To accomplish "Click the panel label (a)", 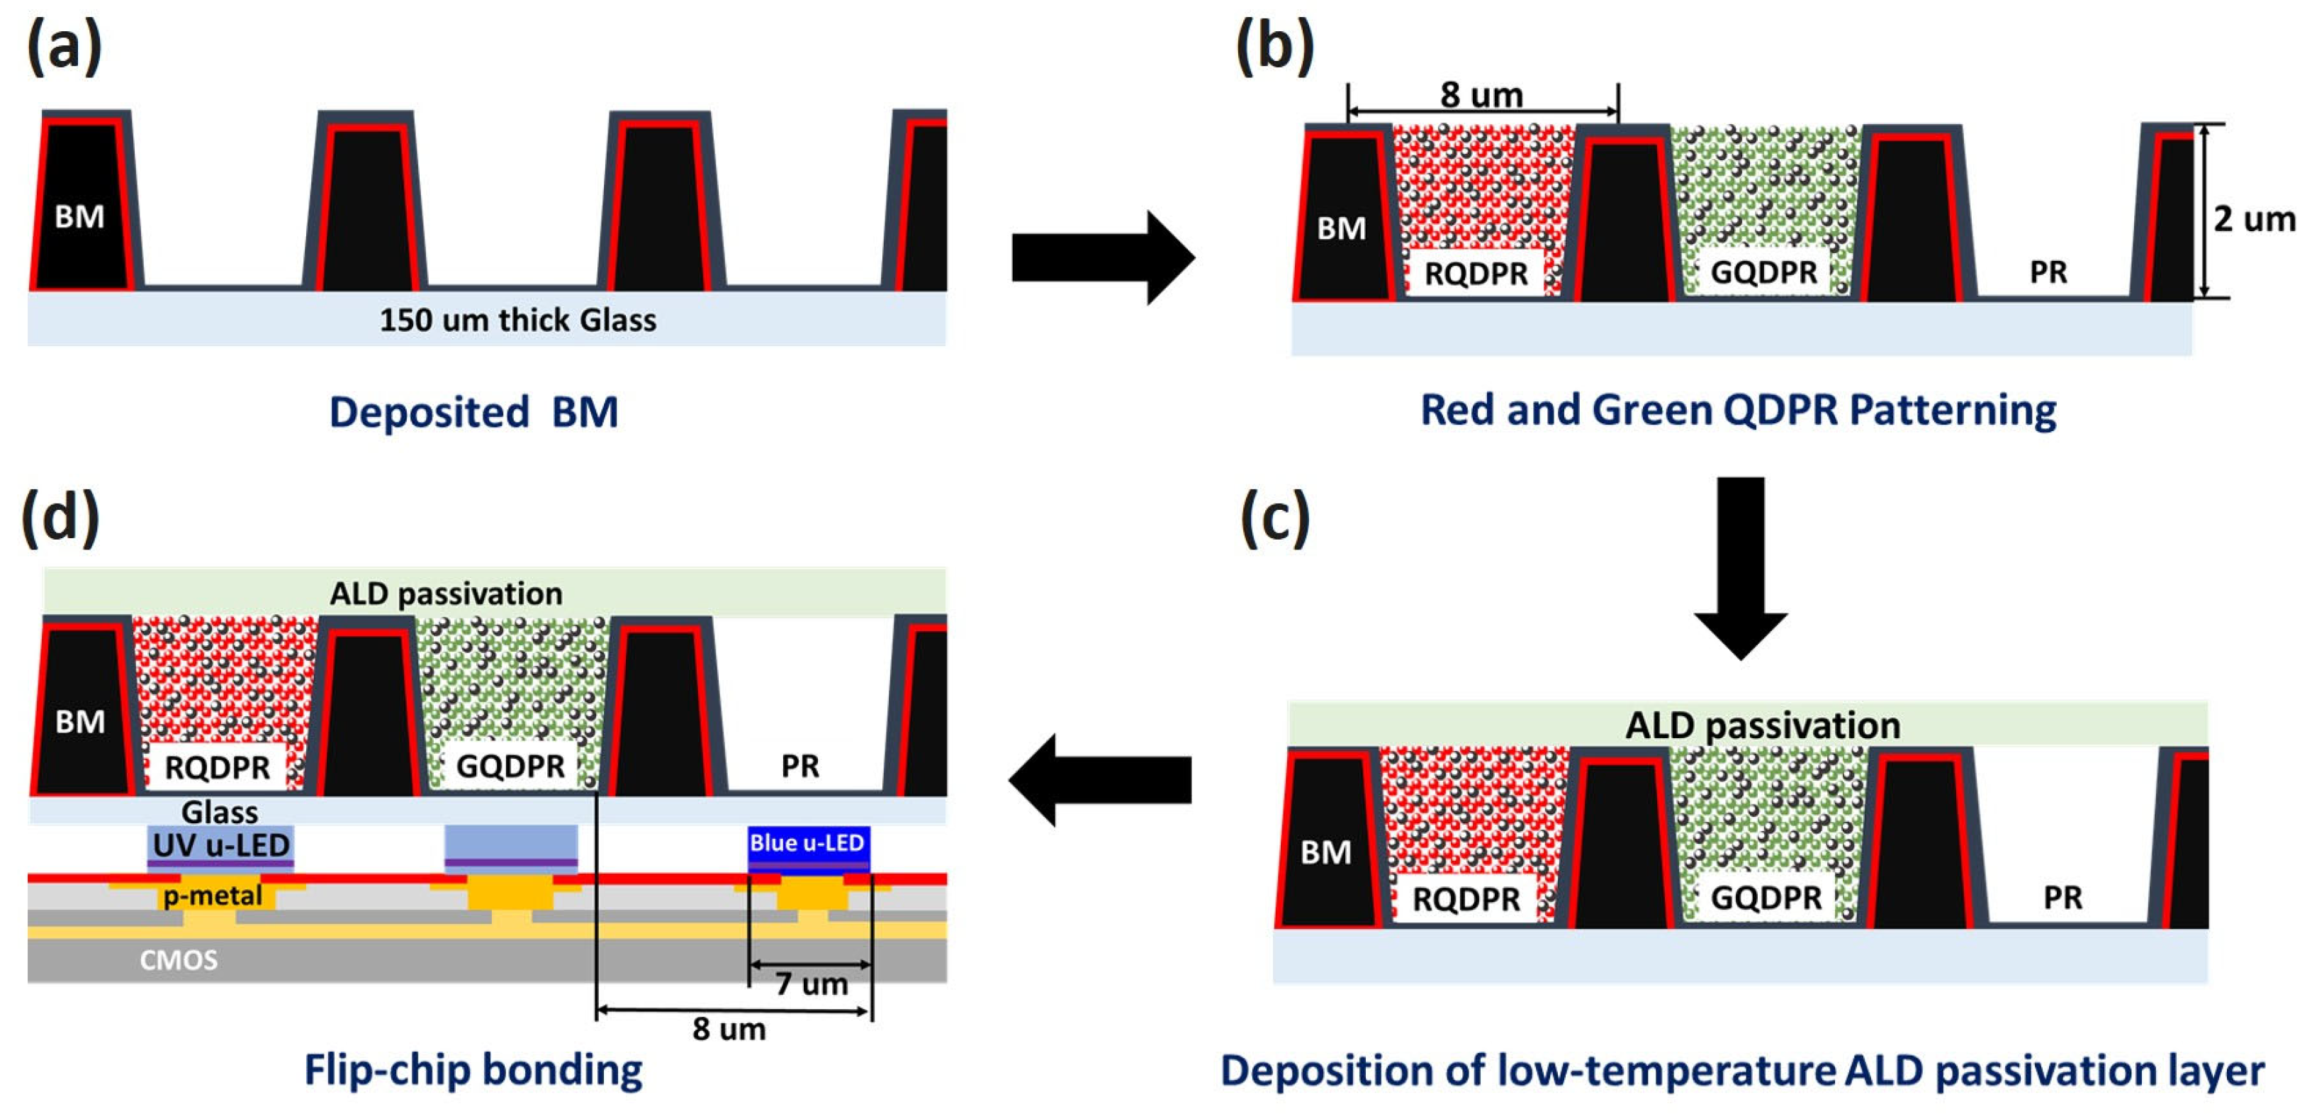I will coord(64,47).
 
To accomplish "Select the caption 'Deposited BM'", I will coord(473,412).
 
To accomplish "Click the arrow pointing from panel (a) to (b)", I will coord(1101,257).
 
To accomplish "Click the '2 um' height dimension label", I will coord(2252,219).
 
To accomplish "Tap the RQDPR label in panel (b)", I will coord(1476,273).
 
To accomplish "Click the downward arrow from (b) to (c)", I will coord(1740,566).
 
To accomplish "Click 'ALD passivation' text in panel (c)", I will coord(1762,725).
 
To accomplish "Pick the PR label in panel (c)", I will coord(2062,898).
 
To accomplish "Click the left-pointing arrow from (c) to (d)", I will coord(1100,779).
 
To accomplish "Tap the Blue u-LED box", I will coord(807,844).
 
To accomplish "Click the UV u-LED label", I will coord(221,845).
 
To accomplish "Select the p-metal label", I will coord(212,895).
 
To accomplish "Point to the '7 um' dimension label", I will coord(810,984).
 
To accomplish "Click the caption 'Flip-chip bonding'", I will coord(473,1070).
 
